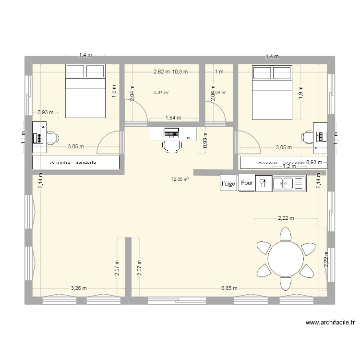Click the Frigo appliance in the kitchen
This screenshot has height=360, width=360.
pos(228,183)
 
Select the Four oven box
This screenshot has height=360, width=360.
pos(247,183)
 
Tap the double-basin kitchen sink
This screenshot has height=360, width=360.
pos(289,183)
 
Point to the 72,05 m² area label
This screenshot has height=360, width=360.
pos(180,180)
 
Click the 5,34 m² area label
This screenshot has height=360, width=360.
pos(162,92)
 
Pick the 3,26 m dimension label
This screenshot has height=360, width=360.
pos(79,288)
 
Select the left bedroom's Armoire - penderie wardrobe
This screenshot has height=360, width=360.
pos(76,163)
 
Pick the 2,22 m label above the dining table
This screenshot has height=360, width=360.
pos(285,218)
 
